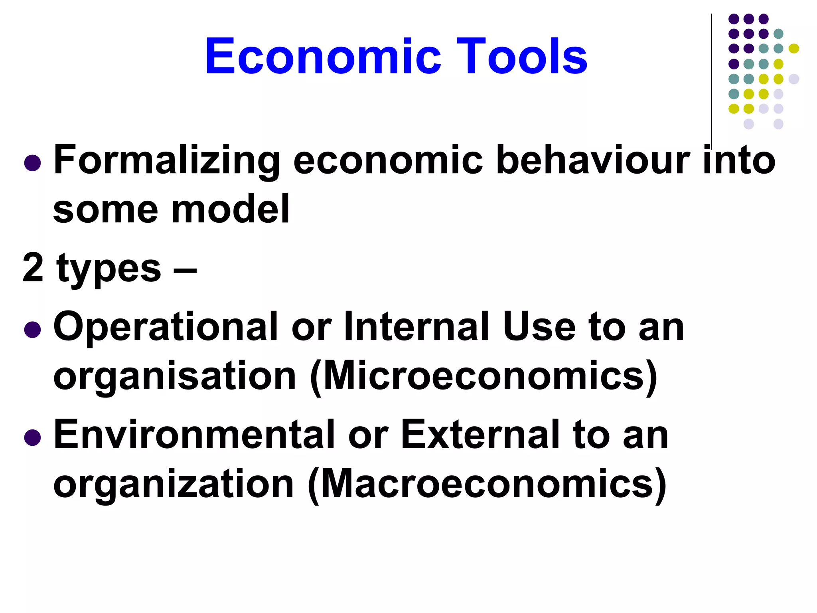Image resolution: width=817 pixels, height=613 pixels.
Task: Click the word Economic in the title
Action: pyautogui.click(x=323, y=56)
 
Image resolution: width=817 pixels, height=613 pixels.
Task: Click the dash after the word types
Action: pyautogui.click(x=185, y=269)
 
